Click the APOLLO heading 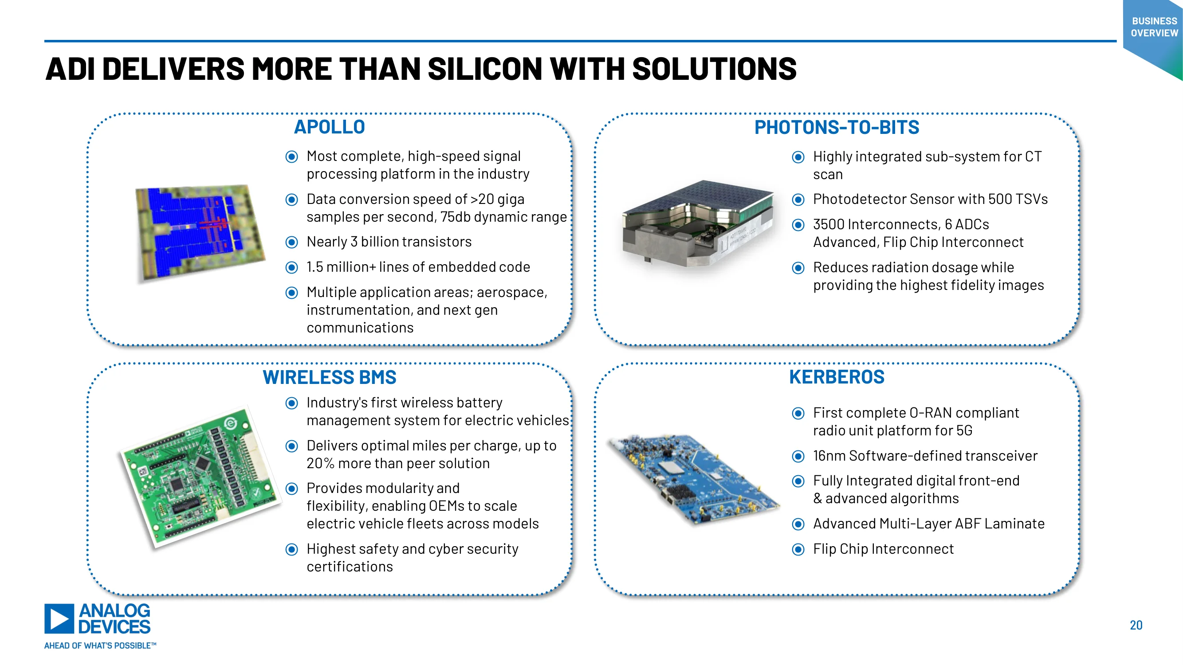[329, 127]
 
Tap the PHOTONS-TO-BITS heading [837, 128]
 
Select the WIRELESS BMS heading [329, 377]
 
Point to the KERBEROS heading [837, 377]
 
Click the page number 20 [1136, 625]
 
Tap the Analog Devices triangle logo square [59, 618]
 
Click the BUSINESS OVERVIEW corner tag [1154, 27]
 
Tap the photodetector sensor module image [698, 223]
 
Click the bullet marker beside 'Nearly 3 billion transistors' [291, 243]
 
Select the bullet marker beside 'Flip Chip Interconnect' [798, 549]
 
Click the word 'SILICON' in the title [484, 69]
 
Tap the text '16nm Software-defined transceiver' [925, 456]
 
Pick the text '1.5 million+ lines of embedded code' [418, 267]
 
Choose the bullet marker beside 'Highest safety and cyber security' [291, 549]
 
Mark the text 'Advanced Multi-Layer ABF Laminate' [928, 524]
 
